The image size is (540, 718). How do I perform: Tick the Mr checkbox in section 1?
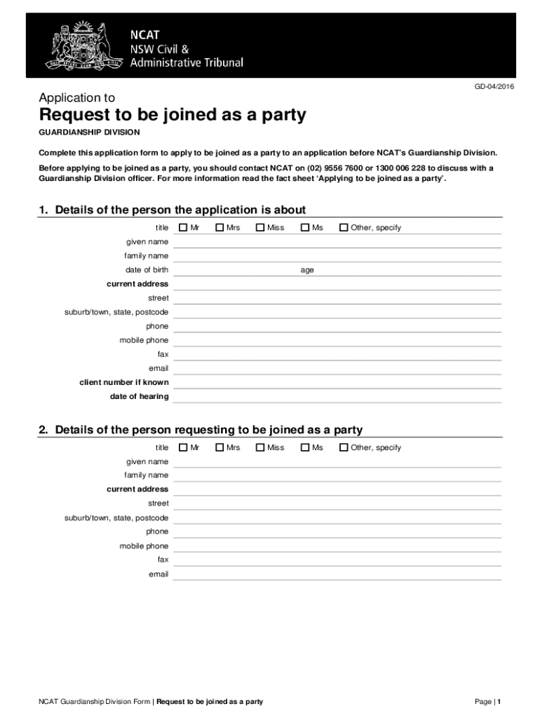(183, 227)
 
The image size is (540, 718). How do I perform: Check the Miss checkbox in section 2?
(260, 447)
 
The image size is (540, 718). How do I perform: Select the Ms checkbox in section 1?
(305, 227)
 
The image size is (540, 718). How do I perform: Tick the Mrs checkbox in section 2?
(220, 447)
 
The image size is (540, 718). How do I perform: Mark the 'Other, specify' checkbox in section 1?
(344, 227)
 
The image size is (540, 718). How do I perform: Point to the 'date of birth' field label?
(147, 270)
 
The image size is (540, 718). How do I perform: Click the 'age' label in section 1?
(307, 270)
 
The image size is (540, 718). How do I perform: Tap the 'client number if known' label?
(124, 383)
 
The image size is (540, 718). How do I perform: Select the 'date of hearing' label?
(139, 397)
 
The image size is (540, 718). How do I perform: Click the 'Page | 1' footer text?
(487, 701)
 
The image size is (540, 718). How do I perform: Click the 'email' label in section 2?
(158, 574)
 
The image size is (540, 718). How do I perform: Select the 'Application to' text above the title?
(77, 98)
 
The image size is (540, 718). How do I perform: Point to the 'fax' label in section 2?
(163, 560)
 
